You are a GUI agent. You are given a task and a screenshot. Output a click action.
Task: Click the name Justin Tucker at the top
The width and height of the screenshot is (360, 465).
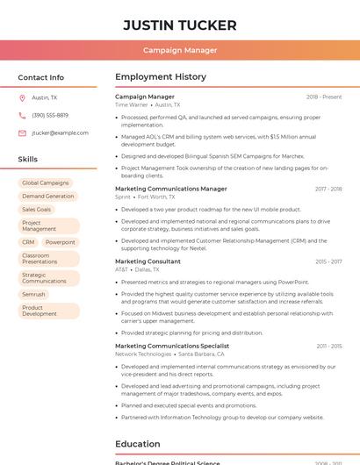tap(180, 25)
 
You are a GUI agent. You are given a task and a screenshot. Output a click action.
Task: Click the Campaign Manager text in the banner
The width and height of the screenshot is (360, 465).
tap(180, 50)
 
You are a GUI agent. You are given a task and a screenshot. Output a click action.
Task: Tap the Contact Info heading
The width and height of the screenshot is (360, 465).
tap(41, 77)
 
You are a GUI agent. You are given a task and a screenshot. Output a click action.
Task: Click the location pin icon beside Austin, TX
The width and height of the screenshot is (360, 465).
tap(22, 98)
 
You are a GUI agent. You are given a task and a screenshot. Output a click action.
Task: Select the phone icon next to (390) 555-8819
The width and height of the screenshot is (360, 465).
tap(22, 115)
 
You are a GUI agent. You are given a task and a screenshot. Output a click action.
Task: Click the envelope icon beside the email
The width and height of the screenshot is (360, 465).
tap(22, 133)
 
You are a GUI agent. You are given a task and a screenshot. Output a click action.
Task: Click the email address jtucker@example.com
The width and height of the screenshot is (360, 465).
tap(60, 133)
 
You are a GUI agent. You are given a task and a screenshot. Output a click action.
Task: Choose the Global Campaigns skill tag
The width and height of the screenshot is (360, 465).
tap(46, 183)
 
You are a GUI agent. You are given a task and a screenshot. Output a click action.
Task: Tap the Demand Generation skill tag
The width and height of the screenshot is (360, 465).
tap(48, 197)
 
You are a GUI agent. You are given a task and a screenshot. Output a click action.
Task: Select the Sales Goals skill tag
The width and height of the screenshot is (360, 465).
tap(37, 210)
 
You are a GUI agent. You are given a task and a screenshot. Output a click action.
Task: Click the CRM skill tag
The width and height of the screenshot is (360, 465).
tap(29, 242)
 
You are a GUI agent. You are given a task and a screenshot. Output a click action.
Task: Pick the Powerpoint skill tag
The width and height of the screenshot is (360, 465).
tap(61, 242)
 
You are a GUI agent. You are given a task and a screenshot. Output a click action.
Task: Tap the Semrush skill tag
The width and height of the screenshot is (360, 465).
tap(34, 295)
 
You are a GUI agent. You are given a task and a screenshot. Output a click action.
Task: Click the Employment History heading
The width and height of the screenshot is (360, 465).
tap(161, 77)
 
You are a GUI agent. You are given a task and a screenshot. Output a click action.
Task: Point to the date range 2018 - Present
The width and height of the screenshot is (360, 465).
tap(324, 97)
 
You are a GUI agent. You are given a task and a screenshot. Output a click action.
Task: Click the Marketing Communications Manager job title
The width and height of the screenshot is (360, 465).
tap(170, 189)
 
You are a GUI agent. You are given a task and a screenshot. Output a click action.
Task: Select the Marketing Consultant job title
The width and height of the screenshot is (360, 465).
tap(148, 261)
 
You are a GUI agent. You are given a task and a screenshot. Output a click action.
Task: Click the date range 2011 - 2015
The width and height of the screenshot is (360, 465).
tap(329, 347)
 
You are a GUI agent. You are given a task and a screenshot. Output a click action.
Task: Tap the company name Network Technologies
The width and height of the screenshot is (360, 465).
tap(144, 354)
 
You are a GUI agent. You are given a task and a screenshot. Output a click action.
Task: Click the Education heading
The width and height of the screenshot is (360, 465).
tap(138, 444)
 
